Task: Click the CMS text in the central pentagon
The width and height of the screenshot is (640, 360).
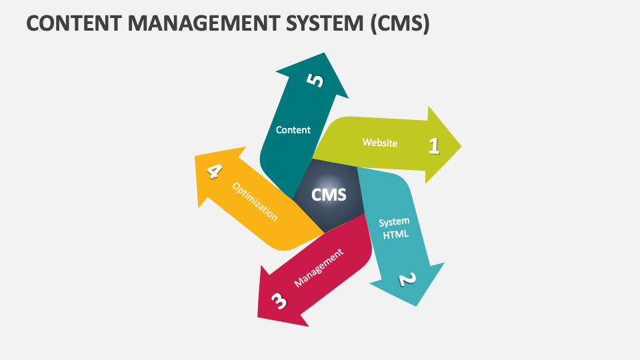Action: (329, 195)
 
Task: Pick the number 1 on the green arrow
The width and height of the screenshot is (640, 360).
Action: (434, 145)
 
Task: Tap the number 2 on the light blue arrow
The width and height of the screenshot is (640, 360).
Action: (407, 279)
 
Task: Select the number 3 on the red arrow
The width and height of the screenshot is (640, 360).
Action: (279, 301)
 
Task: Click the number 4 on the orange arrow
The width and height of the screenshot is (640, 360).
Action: (213, 171)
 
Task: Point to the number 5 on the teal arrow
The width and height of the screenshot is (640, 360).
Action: (315, 81)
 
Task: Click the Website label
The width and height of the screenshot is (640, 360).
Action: (380, 143)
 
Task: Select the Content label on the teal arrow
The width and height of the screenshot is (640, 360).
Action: (293, 130)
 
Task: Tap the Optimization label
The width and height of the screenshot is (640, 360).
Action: (255, 201)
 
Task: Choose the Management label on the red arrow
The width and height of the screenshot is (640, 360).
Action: (319, 267)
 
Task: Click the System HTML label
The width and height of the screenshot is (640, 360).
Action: (394, 228)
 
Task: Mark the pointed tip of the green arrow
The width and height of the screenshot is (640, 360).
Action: (461, 145)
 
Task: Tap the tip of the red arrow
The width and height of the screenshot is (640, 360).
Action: (259, 315)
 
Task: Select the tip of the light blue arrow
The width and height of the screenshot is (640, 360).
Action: (417, 306)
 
